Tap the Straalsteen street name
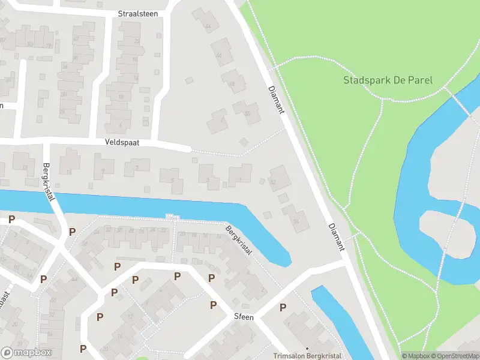coord(139,13)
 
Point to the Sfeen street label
coord(244,316)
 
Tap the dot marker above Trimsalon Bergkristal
coord(307,348)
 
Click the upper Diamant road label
coord(276,100)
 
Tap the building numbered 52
coord(278,179)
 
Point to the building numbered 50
coord(247,112)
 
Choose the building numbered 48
coord(233,82)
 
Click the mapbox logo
coord(27,353)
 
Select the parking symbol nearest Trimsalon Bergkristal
coord(283,307)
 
